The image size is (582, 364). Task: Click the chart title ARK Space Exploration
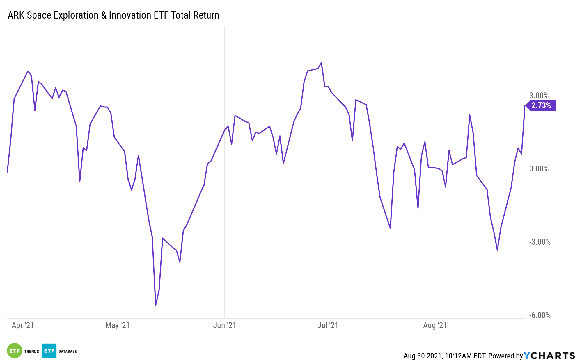[113, 15]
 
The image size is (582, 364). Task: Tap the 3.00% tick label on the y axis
[539, 96]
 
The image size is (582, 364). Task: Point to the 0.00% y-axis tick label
[539, 169]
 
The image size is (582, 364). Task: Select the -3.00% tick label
[540, 242]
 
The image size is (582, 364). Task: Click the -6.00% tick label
[540, 315]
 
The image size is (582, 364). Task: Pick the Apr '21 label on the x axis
[23, 325]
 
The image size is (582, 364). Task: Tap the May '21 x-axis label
[117, 325]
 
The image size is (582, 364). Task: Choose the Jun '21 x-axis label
[224, 325]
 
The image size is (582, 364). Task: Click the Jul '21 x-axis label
[328, 325]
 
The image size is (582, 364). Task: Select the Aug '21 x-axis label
[435, 325]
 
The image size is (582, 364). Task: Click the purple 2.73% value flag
[541, 105]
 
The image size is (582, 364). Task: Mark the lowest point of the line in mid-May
[156, 305]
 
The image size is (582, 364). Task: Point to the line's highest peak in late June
[321, 62]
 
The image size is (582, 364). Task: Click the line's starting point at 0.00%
[7, 172]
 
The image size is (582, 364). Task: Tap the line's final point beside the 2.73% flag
[525, 105]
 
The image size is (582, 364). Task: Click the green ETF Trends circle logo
[15, 351]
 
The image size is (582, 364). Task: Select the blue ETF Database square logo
[49, 351]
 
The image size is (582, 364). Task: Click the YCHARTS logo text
[549, 356]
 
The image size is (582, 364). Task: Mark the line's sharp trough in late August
[497, 250]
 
